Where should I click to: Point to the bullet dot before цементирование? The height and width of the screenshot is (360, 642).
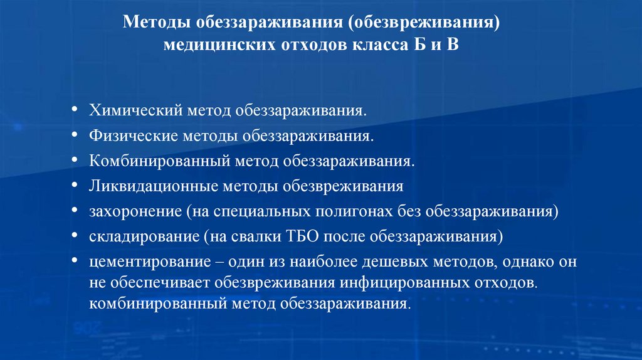pyautogui.click(x=76, y=260)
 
